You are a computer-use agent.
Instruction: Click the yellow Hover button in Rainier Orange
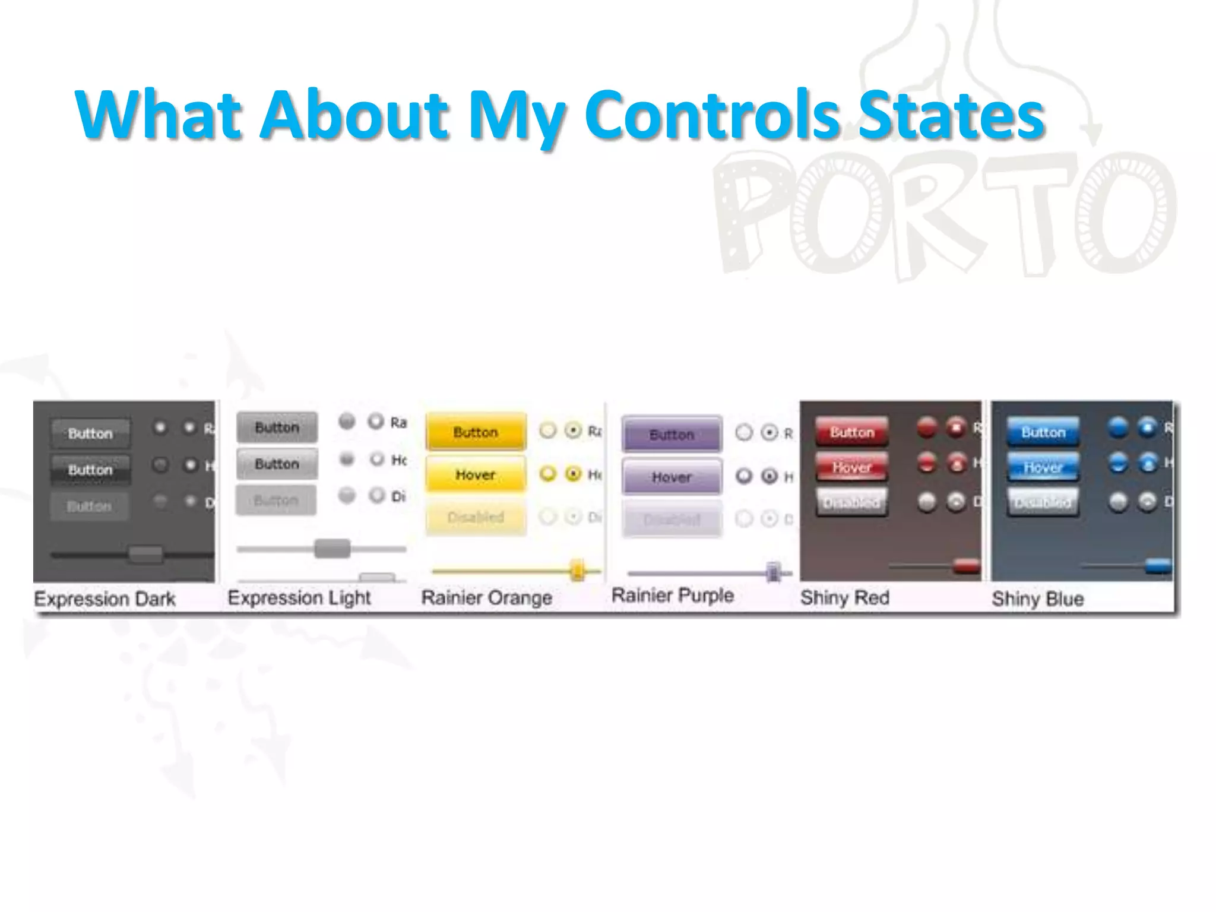coord(476,474)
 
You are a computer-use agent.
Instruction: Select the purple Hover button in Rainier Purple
coord(672,477)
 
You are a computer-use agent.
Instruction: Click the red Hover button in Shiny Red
coord(851,467)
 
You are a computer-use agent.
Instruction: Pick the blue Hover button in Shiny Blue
coord(1043,467)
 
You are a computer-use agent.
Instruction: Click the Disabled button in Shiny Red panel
coord(851,502)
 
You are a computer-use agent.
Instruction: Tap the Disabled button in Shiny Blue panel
coord(1043,502)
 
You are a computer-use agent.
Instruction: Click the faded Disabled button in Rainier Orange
coord(476,517)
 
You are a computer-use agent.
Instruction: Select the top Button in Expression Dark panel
coord(90,433)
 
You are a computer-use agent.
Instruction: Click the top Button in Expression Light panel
coord(277,427)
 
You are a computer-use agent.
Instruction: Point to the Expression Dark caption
coord(105,598)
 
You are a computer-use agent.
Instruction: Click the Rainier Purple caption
coord(673,596)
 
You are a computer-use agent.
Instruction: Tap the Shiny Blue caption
coord(1037,598)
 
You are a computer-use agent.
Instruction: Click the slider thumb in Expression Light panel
coord(332,548)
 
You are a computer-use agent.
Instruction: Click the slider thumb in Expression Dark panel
coord(145,555)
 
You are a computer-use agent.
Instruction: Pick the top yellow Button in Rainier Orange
coord(476,432)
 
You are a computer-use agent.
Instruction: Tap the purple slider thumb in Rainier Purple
coord(773,572)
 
